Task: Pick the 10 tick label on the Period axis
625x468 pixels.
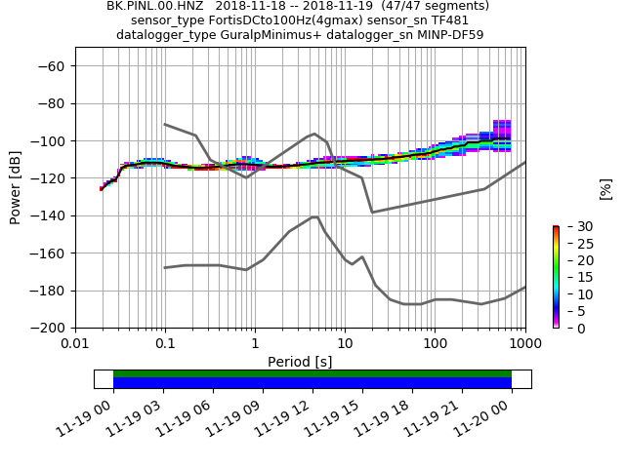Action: coord(345,344)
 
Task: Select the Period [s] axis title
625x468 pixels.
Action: coord(300,362)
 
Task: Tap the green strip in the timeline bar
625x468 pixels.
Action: coord(312,373)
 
